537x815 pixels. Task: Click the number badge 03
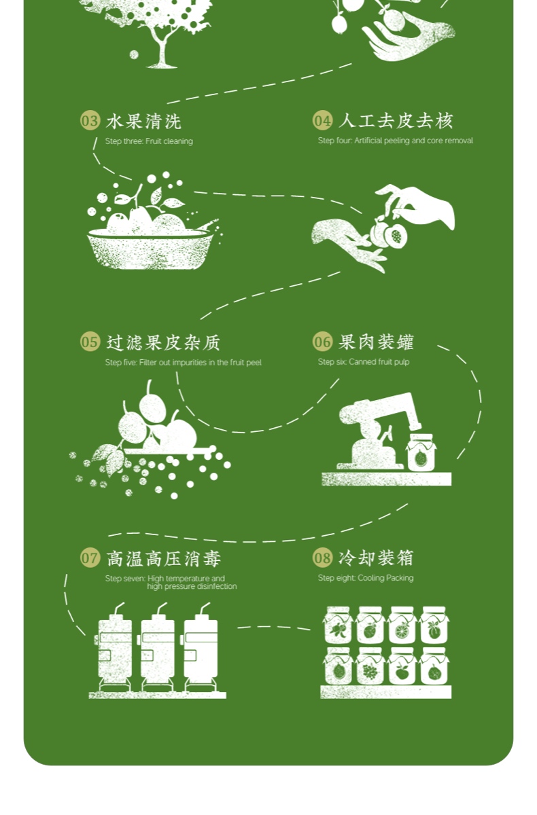click(90, 121)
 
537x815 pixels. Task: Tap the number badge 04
click(322, 121)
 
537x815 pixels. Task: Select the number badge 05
click(90, 342)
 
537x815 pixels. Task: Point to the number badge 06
click(322, 342)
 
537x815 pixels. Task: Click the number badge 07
click(90, 558)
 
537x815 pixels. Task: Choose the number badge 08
click(322, 558)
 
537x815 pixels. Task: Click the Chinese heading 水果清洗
click(143, 121)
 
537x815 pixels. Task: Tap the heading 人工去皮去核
click(396, 121)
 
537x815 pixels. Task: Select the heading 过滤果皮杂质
click(163, 342)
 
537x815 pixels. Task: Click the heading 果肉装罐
click(376, 342)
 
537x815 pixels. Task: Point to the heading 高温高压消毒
click(163, 558)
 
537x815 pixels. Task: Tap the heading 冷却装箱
click(376, 558)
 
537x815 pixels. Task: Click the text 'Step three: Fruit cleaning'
click(149, 141)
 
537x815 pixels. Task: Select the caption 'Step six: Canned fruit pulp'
click(364, 362)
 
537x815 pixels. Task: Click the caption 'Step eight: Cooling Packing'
click(366, 578)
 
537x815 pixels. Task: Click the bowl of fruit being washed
click(149, 248)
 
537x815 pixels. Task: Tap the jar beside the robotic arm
click(421, 453)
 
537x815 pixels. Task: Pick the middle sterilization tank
click(157, 649)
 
